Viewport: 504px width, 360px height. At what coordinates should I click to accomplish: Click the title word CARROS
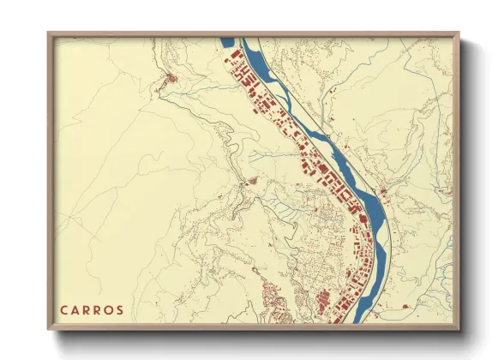pyautogui.click(x=92, y=309)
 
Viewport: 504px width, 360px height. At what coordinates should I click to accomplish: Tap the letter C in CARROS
pyautogui.click(x=64, y=309)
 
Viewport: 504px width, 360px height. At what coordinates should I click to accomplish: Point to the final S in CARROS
pyautogui.click(x=120, y=309)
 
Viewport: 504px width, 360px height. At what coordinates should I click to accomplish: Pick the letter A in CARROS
pyautogui.click(x=75, y=309)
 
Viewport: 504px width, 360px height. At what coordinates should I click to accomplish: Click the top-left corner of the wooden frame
pyautogui.click(x=49, y=33)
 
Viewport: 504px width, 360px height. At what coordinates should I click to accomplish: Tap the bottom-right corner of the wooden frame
pyautogui.click(x=459, y=329)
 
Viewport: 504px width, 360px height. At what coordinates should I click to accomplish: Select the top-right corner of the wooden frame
pyautogui.click(x=459, y=33)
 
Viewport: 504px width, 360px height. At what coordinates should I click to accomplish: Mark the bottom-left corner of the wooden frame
pyautogui.click(x=49, y=329)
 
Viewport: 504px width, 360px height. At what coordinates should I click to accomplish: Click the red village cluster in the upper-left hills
pyautogui.click(x=171, y=81)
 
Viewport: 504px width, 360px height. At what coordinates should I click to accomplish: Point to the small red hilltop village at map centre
pyautogui.click(x=251, y=181)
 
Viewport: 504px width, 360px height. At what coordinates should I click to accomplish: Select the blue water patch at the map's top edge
pyautogui.click(x=227, y=41)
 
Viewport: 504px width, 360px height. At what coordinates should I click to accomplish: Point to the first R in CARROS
pyautogui.click(x=87, y=309)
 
